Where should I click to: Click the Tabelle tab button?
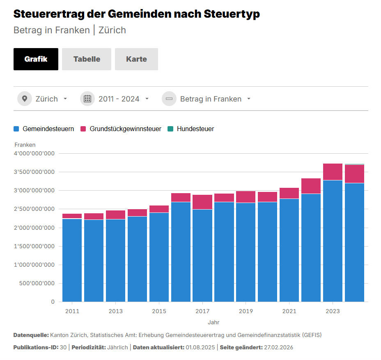[87, 59]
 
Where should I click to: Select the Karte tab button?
[136, 59]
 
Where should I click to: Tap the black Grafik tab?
[36, 59]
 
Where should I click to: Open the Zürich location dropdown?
[43, 99]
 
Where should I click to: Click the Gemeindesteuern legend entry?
[44, 129]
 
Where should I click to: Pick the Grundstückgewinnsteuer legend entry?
[121, 129]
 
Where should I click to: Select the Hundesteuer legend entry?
[191, 129]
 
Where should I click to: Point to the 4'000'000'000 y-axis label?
[34, 154]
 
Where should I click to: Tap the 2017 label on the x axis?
[202, 311]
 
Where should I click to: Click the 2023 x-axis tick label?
[333, 311]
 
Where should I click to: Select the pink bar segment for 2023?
[333, 172]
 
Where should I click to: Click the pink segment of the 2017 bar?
[202, 202]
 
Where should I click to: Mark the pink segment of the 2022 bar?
[311, 186]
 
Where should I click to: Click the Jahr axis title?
[213, 322]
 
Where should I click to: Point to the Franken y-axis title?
[25, 145]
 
